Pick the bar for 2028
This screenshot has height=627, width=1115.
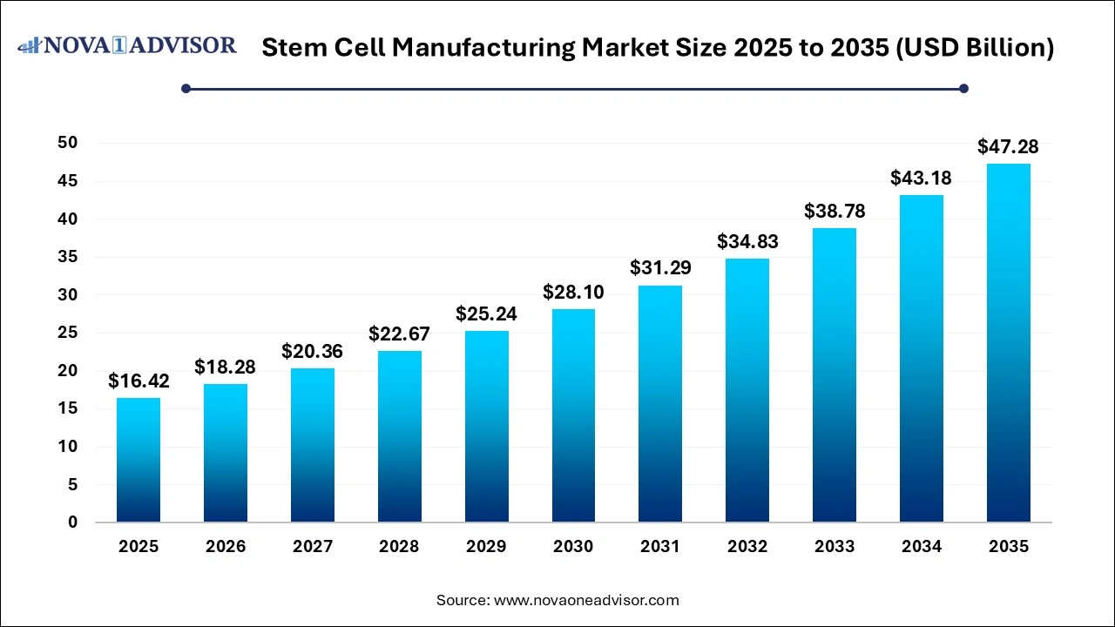[x=399, y=436]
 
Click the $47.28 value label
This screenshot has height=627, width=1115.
[x=1008, y=146]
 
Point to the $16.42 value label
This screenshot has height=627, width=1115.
[x=139, y=381]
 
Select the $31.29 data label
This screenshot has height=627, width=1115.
[x=660, y=268]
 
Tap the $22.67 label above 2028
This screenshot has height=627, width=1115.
[x=399, y=334]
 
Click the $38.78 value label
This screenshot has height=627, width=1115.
[x=835, y=212]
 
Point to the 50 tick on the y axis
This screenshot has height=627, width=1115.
[x=67, y=143]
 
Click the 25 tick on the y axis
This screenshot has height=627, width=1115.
[x=67, y=333]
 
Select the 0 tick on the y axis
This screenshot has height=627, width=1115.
[x=73, y=522]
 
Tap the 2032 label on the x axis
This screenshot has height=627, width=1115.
[x=747, y=547]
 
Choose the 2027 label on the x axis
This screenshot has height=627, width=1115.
[x=312, y=547]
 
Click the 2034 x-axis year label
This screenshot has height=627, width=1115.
[x=922, y=547]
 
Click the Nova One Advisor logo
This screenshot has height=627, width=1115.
[x=127, y=45]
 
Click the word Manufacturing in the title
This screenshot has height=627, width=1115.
[x=483, y=48]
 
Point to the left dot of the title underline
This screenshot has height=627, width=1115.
[x=186, y=88]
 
